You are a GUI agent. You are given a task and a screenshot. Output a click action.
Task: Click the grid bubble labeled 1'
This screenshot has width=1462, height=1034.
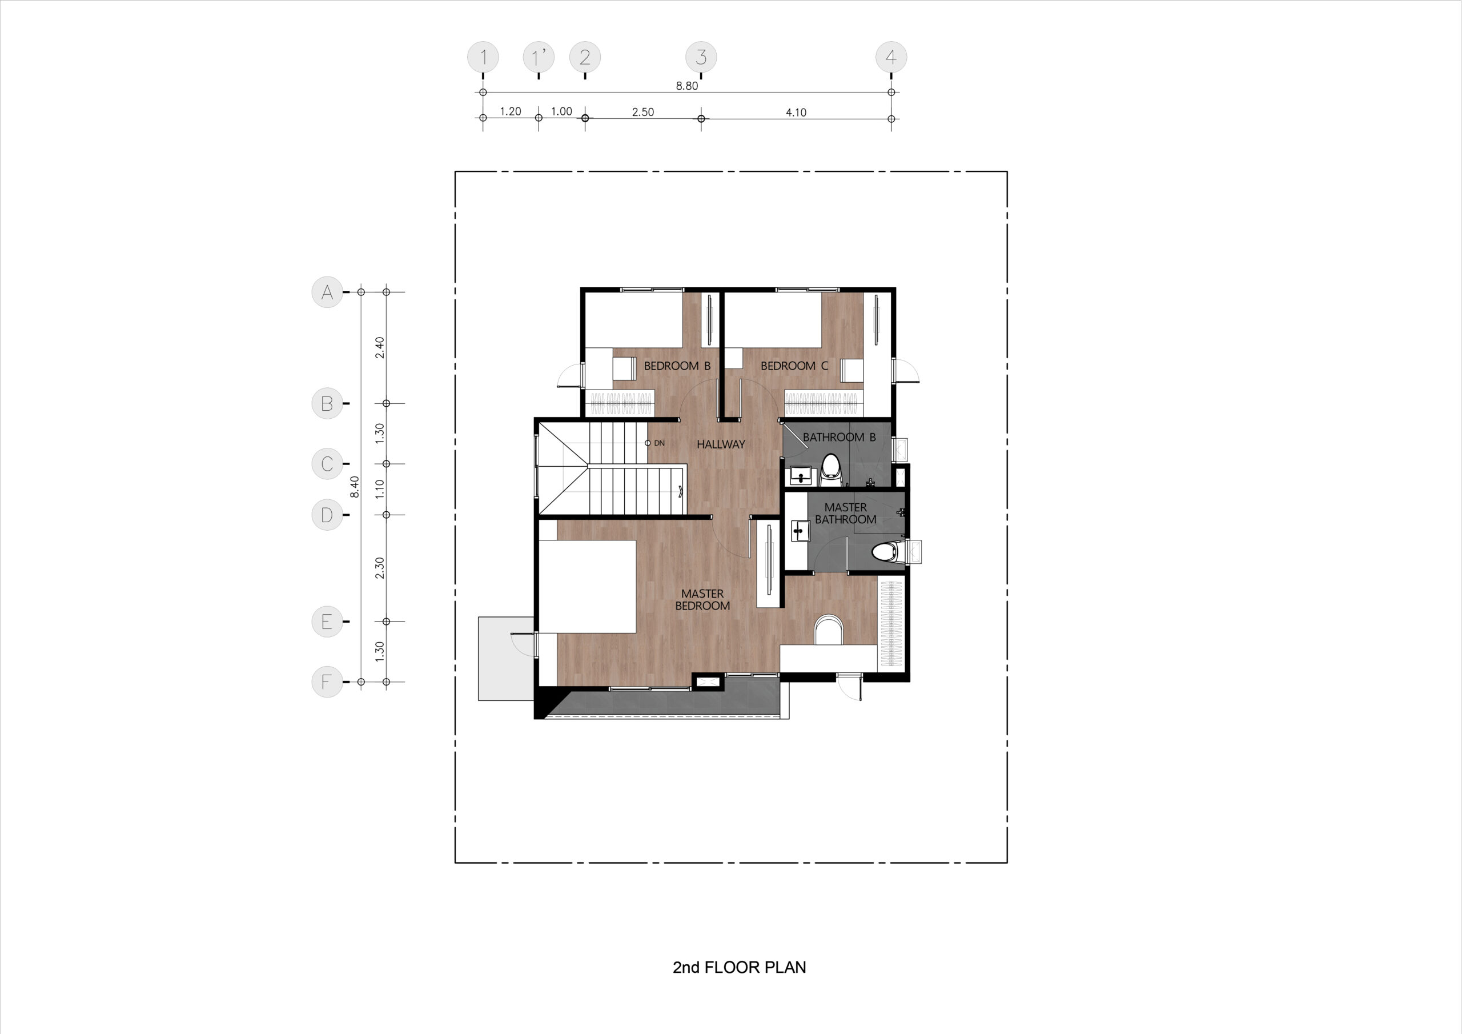coord(539,57)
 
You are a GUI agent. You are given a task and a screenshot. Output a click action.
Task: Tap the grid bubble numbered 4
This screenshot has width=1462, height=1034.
coord(891,57)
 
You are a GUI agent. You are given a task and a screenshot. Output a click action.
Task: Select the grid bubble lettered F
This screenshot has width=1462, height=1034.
coord(327,682)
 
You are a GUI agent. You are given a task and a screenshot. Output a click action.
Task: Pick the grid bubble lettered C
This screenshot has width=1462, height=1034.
coord(327,464)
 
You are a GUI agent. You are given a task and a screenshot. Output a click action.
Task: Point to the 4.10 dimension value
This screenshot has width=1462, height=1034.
coord(796,113)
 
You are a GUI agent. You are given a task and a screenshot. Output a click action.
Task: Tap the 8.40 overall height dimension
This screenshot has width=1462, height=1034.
coord(355,487)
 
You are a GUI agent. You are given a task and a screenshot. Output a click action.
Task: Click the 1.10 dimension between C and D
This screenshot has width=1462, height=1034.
coord(380,488)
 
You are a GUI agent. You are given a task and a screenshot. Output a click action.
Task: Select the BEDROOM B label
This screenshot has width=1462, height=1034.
coord(677,366)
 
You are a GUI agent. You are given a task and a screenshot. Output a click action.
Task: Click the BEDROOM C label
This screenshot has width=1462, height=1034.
coord(794,366)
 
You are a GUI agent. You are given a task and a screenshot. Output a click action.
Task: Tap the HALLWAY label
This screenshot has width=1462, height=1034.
coord(720,444)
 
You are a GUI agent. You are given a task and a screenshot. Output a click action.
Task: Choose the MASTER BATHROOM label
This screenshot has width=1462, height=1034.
coord(846,514)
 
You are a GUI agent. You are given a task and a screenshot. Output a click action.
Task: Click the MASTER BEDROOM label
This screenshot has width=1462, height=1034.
coord(702,599)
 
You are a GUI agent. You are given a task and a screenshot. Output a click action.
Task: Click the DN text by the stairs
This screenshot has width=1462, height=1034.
coord(659,443)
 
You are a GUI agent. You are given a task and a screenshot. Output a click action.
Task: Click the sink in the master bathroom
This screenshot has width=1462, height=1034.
coord(799,531)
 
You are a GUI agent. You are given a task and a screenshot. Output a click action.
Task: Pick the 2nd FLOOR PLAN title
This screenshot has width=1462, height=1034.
coord(738,967)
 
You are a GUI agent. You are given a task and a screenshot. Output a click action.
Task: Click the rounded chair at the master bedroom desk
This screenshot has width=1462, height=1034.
coord(829,630)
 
